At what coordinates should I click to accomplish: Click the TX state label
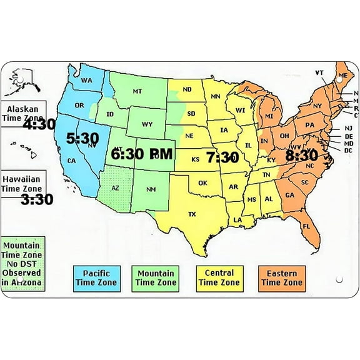[192, 214]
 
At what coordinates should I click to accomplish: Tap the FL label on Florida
[306, 226]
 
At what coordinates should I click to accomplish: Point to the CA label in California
[71, 161]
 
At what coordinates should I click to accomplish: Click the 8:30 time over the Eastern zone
[302, 155]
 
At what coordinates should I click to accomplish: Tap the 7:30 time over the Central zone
[222, 156]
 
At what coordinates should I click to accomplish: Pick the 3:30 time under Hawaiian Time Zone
[37, 199]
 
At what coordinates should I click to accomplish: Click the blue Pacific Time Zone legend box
[96, 277]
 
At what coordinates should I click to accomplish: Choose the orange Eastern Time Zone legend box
[281, 277]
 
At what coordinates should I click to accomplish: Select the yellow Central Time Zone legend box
[219, 277]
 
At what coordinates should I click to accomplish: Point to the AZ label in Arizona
[115, 187]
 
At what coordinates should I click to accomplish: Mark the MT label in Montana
[137, 91]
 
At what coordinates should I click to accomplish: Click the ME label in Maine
[342, 76]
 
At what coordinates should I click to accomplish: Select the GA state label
[289, 195]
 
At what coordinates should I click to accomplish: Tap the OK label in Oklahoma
[202, 183]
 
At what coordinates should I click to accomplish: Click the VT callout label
[319, 72]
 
